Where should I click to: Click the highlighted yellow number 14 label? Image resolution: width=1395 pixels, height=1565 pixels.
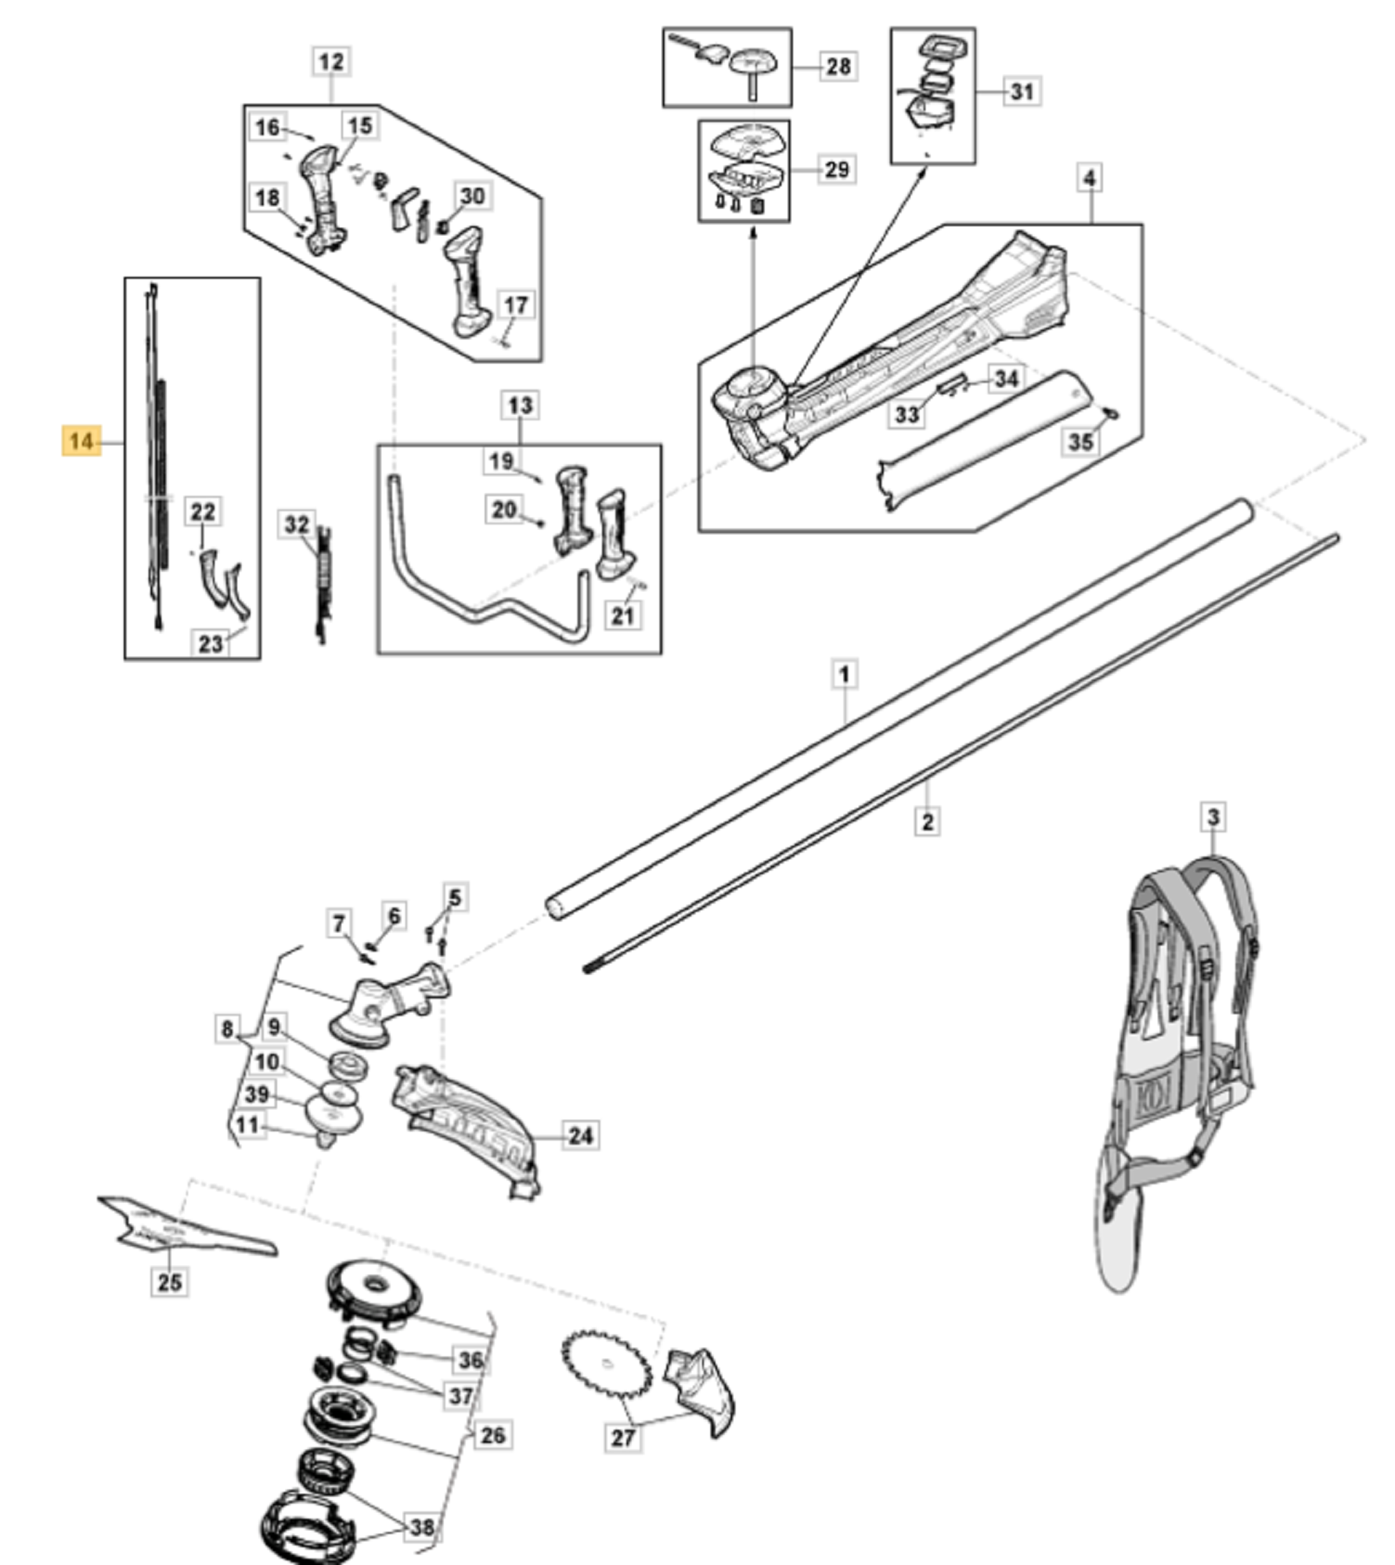tap(81, 441)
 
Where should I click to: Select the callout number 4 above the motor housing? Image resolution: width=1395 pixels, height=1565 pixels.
tap(1090, 178)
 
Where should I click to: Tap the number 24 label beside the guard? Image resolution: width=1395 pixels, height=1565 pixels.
tap(580, 1135)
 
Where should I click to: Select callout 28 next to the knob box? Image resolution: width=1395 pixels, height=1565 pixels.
tap(838, 66)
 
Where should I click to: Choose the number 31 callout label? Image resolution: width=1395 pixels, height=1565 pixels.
tap(1022, 92)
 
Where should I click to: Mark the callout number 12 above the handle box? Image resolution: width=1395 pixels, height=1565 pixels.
tap(331, 61)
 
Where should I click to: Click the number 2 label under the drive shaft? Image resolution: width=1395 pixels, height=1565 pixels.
tap(927, 822)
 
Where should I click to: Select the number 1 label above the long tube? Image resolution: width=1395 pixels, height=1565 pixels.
tap(844, 674)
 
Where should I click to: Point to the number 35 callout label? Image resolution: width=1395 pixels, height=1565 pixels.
tap(1080, 441)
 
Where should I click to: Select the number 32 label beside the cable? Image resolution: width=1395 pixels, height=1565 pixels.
tap(297, 524)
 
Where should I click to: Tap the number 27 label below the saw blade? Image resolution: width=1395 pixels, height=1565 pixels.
tap(623, 1437)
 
